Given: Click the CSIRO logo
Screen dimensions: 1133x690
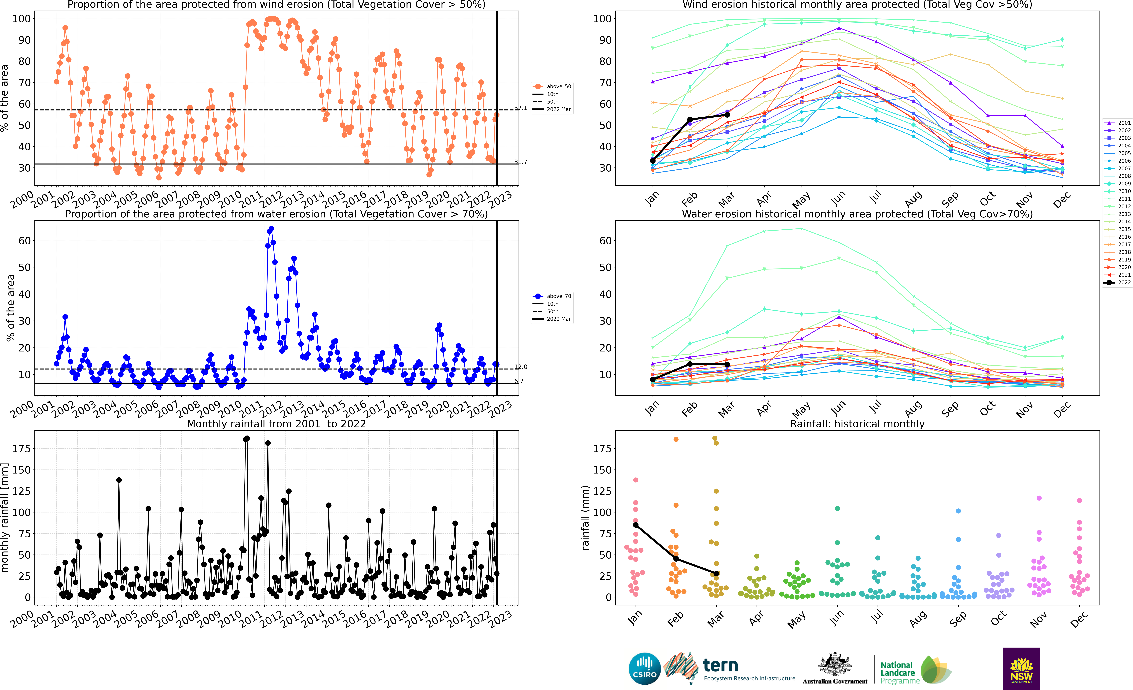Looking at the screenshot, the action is coord(645,668).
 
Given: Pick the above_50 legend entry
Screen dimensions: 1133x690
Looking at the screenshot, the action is coord(552,86).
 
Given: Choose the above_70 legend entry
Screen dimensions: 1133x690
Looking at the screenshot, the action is coord(552,296).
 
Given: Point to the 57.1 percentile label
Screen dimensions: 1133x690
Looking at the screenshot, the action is coord(521,108).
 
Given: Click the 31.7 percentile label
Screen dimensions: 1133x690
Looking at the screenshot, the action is coord(521,162).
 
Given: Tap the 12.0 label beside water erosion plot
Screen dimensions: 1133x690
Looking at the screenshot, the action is coord(521,367).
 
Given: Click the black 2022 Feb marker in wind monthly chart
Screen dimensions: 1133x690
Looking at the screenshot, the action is coord(690,120).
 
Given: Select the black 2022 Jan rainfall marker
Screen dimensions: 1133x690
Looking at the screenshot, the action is coord(635,525).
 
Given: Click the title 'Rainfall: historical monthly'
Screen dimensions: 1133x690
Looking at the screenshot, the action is coord(857,424).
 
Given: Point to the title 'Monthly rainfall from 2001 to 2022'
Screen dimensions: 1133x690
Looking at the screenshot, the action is coord(276,424).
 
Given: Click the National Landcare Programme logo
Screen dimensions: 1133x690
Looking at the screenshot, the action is coord(915,670).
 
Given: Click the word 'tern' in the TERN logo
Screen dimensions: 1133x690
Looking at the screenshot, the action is coord(721,665).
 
